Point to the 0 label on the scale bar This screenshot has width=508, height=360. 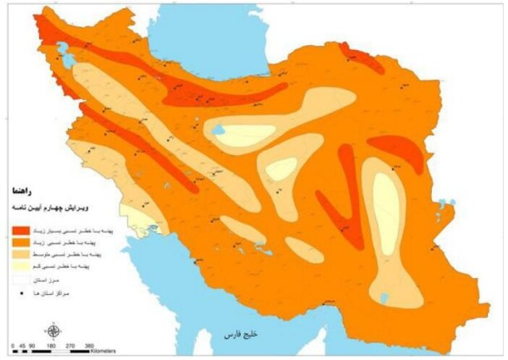13,346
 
